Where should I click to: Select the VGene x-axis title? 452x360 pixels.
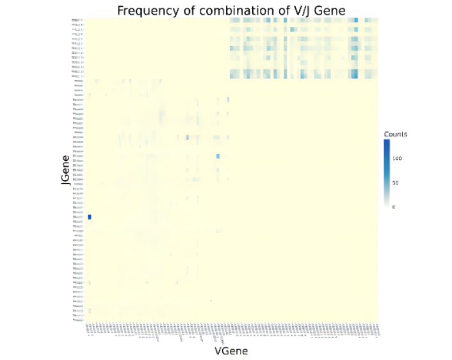pos(231,351)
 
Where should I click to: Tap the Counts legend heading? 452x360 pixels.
pos(396,134)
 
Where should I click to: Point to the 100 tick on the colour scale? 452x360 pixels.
pos(398,158)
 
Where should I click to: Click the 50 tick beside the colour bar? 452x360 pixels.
pos(396,183)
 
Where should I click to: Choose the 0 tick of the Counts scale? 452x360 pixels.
pos(394,207)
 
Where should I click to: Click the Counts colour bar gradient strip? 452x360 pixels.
pos(386,173)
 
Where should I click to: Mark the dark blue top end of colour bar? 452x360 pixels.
pos(386,142)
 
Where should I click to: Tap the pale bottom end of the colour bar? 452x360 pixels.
pos(386,204)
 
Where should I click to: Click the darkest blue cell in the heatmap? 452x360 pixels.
pos(90,217)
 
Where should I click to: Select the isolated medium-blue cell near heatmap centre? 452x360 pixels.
pos(218,156)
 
